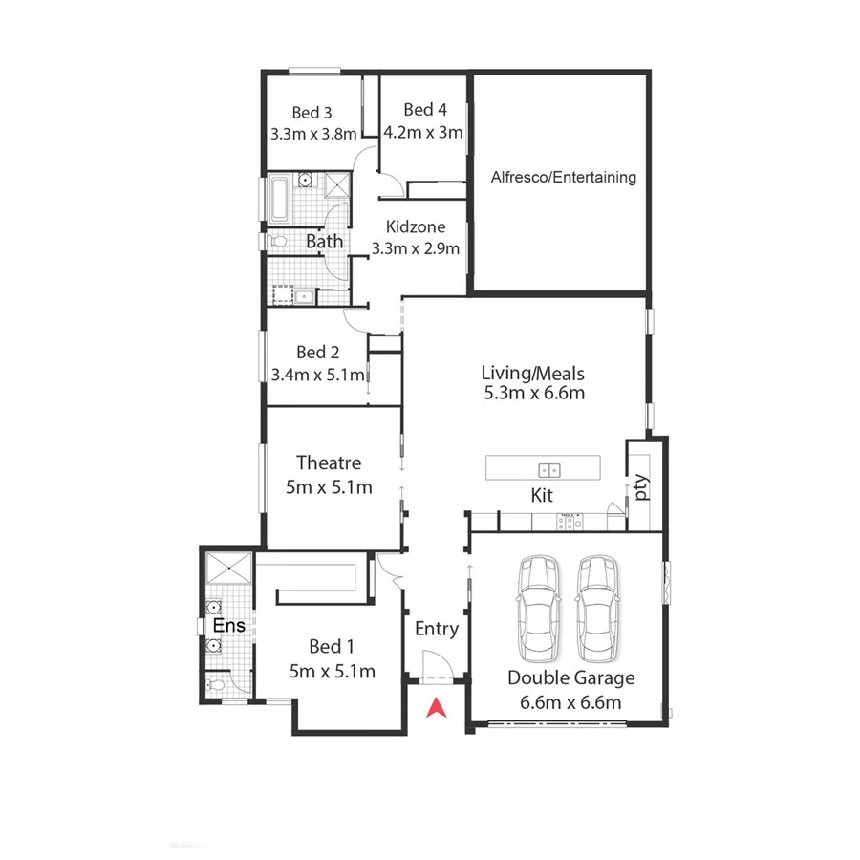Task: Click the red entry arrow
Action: [x=437, y=708]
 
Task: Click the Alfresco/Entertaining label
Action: [x=563, y=177]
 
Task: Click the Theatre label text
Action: [x=328, y=463]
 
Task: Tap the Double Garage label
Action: [x=570, y=678]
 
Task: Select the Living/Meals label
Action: [x=533, y=373]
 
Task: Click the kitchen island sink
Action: [x=549, y=469]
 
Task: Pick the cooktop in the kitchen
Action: [x=570, y=522]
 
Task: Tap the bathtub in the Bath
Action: [x=281, y=199]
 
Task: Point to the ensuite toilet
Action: [x=217, y=685]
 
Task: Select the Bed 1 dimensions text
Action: [x=333, y=671]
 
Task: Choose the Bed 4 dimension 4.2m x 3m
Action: [x=424, y=133]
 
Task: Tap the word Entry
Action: [x=437, y=629]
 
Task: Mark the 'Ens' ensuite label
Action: [x=229, y=626]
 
